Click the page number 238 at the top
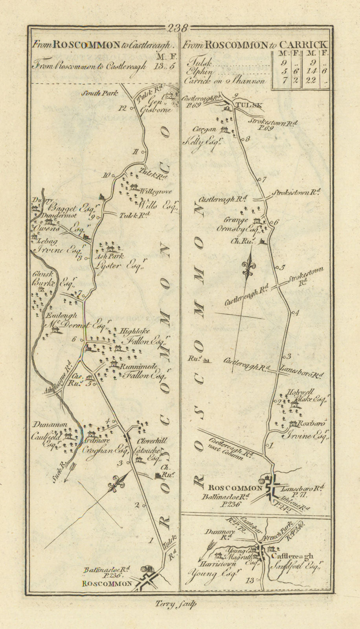[178, 28]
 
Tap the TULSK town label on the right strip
[246, 105]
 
